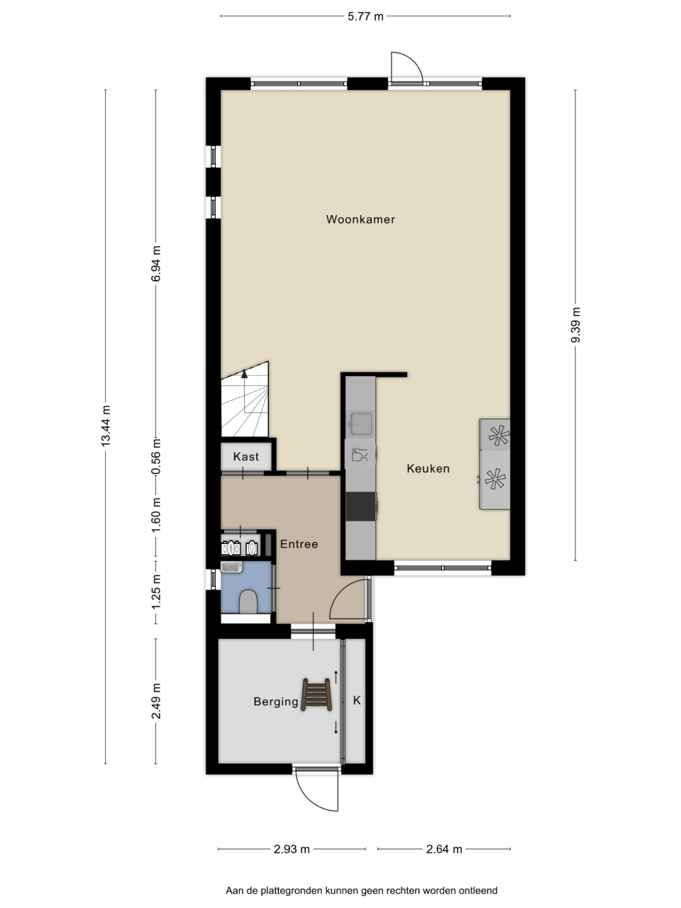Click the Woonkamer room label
coord(360,219)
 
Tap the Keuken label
coord(428,468)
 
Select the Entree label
coord(299,543)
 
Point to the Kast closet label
coord(246,456)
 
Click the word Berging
coord(276,702)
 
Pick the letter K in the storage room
coord(357,700)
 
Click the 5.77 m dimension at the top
coord(365,16)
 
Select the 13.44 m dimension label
coord(106,425)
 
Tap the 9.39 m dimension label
coord(575,325)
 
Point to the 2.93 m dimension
coord(292,849)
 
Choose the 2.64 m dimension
coord(444,849)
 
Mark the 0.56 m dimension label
coord(156,457)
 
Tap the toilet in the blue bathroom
coord(249,601)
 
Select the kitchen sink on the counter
coord(361,423)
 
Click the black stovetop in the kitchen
coord(361,506)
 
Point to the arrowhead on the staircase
coord(244,374)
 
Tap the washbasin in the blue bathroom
coord(231,567)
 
